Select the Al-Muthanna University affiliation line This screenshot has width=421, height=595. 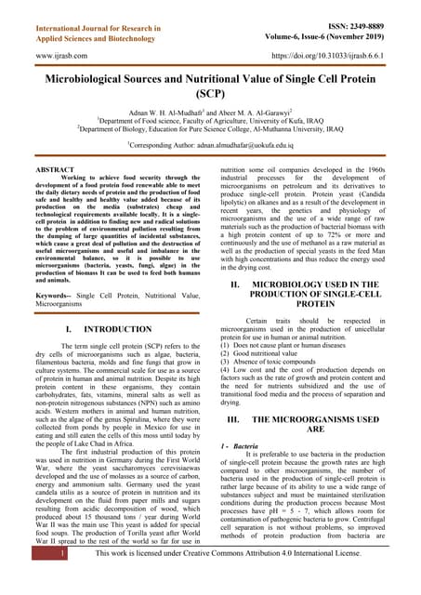point(210,131)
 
